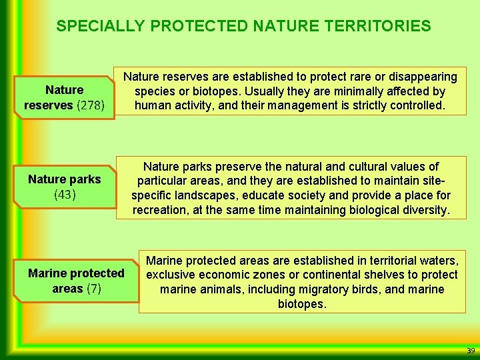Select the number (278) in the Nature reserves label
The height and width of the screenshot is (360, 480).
click(x=95, y=105)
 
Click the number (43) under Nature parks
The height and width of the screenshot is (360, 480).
click(x=65, y=195)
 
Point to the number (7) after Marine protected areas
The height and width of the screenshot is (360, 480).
click(x=94, y=289)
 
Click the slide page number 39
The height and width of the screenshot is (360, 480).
click(x=471, y=351)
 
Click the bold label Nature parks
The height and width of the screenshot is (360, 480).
click(x=65, y=179)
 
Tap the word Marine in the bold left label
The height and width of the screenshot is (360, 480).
click(x=48, y=273)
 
